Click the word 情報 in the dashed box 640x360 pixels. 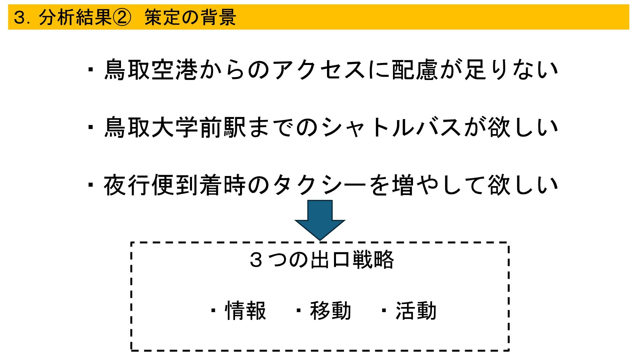(x=246, y=311)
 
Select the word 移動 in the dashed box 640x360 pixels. (x=331, y=311)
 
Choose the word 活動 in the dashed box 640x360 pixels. (x=416, y=311)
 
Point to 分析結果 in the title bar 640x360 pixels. (x=75, y=17)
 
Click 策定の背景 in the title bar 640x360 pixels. (x=190, y=17)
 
